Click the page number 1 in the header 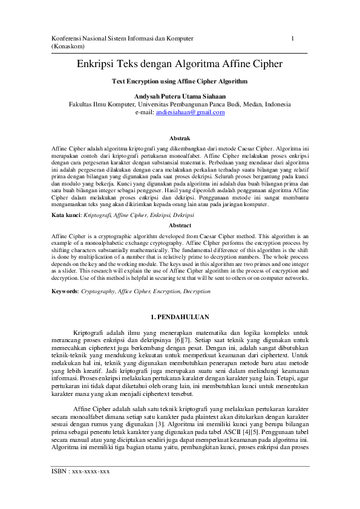pyautogui.click(x=293, y=38)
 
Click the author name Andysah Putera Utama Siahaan pyautogui.click(x=180, y=96)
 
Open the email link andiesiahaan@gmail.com pyautogui.click(x=190, y=112)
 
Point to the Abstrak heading pyautogui.click(x=180, y=138)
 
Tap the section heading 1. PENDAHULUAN pyautogui.click(x=179, y=316)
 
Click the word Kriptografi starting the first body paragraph pyautogui.click(x=91, y=332)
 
